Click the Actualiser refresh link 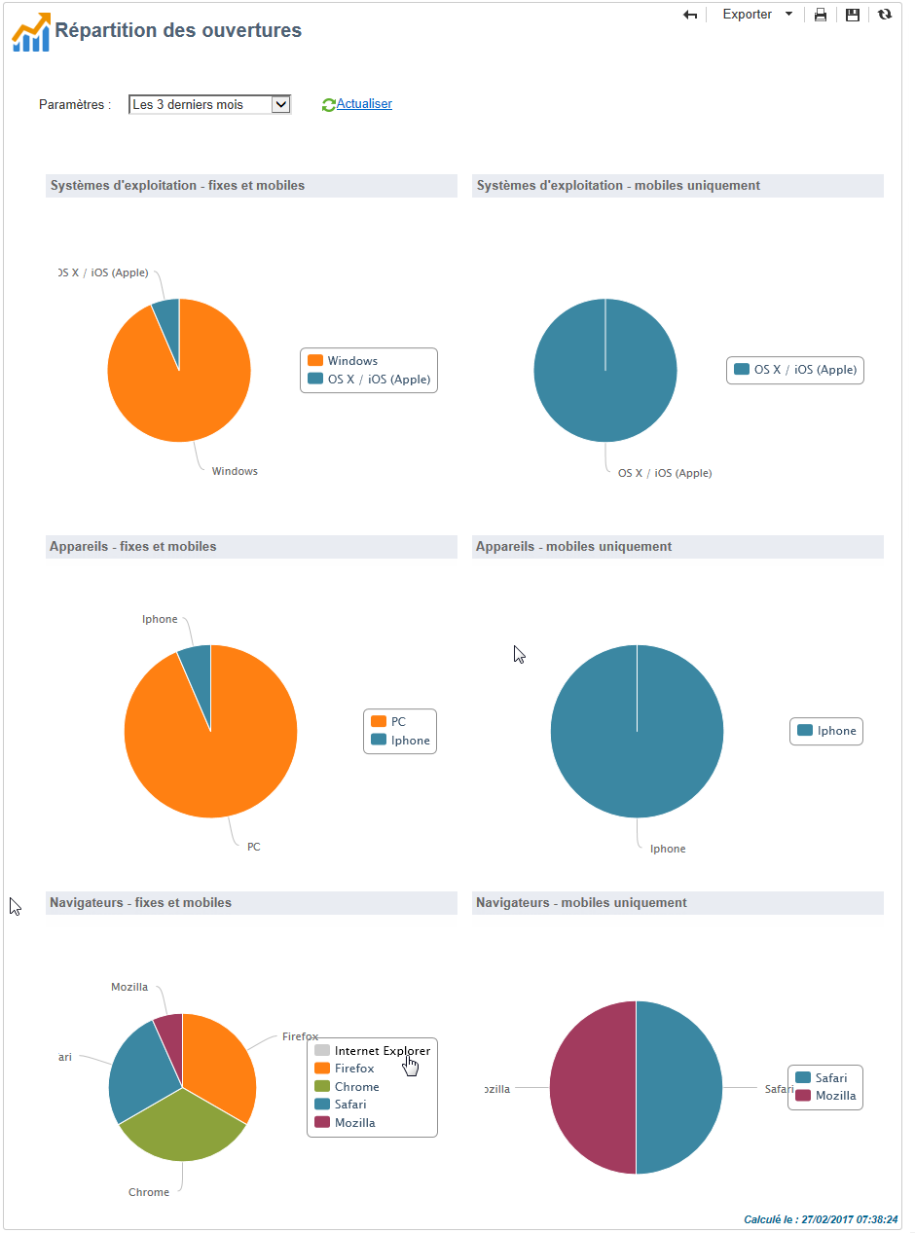[363, 104]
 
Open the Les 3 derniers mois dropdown [209, 104]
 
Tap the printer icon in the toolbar [821, 15]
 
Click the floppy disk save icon [852, 15]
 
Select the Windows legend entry [351, 361]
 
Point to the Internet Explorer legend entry [382, 1051]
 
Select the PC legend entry [398, 722]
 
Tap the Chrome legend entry [356, 1087]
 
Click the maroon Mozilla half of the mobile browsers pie [594, 1088]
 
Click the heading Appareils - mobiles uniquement [573, 547]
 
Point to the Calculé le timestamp [821, 1219]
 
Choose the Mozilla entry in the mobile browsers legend [835, 1096]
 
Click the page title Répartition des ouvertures [178, 30]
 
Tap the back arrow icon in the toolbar [690, 15]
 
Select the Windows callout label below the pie [235, 471]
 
